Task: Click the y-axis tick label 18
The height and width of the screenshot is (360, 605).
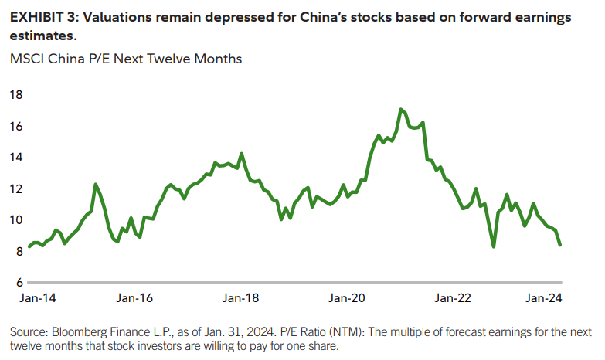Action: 16,95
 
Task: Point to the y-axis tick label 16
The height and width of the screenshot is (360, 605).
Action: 16,126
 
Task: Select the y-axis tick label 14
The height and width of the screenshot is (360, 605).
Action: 16,158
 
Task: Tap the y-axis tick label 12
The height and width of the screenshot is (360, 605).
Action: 16,188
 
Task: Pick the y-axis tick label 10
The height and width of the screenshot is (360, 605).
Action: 16,220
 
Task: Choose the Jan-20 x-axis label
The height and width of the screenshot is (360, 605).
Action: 345,298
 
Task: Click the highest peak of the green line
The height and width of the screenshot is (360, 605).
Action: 400,110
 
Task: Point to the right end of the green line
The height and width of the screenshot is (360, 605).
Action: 559,245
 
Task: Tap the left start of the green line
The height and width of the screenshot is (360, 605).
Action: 29,246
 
